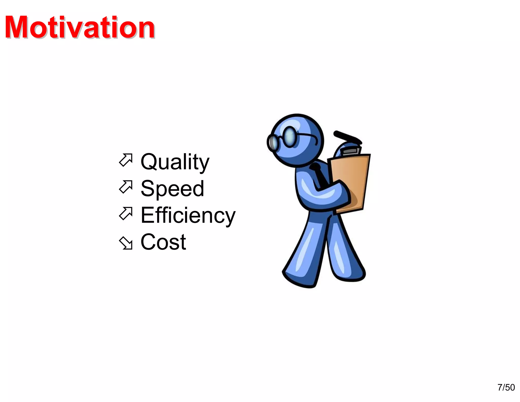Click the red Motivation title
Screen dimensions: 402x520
80,27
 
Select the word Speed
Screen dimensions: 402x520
172,189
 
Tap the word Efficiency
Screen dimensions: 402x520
188,215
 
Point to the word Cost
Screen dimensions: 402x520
163,242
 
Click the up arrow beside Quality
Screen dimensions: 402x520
126,160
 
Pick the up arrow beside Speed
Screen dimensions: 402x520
126,187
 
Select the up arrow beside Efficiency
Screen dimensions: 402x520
126,213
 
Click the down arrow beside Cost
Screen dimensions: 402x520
126,243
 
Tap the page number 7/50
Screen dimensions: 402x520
506,387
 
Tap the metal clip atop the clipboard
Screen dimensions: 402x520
351,151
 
